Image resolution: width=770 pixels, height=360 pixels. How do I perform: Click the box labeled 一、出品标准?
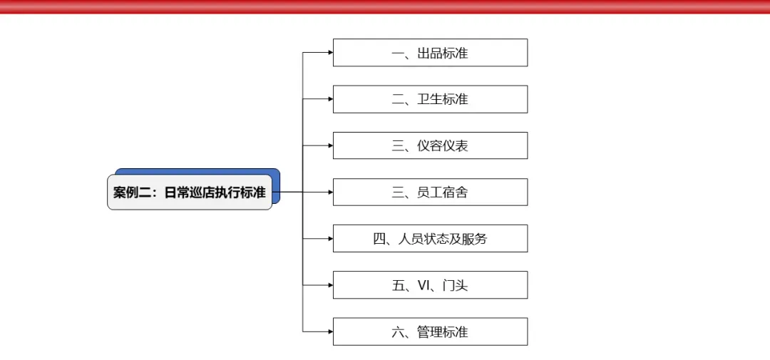[x=430, y=53]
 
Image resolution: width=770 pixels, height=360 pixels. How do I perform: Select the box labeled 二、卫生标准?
[x=430, y=99]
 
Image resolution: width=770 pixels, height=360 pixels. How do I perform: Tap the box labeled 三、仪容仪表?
[x=430, y=145]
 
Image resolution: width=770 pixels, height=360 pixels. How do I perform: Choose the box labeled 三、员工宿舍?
[x=430, y=192]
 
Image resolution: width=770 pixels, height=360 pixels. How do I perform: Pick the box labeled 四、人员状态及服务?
[x=430, y=239]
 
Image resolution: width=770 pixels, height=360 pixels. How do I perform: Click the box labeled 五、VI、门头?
[x=430, y=285]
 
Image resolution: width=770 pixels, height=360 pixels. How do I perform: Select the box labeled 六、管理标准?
[x=430, y=331]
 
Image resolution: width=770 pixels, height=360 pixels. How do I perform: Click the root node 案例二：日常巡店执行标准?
[x=190, y=192]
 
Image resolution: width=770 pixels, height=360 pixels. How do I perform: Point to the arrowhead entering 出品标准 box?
[x=330, y=53]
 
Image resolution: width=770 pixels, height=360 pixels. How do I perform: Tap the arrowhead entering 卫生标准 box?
[x=330, y=99]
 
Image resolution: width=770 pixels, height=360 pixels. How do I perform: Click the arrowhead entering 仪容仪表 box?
[x=330, y=145]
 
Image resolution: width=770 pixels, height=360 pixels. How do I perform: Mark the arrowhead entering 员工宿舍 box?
[x=330, y=192]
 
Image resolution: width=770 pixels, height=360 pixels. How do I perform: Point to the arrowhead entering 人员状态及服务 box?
[x=330, y=239]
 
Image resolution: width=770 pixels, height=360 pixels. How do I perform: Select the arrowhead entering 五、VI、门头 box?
[x=330, y=285]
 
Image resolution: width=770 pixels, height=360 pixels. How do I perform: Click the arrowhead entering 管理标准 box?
[x=330, y=331]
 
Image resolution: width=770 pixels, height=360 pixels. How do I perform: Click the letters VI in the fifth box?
[x=423, y=286]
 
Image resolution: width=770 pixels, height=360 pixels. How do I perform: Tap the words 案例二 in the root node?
[x=133, y=192]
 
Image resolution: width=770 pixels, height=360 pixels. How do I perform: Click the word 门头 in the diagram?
[x=455, y=286]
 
